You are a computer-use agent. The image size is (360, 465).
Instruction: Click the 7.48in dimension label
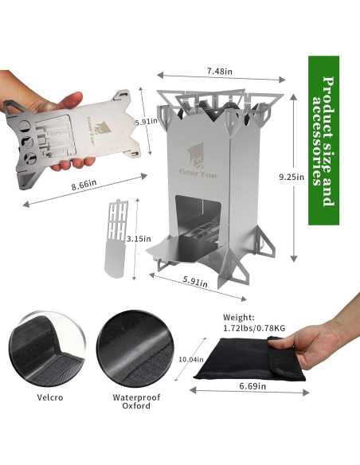[x=219, y=71]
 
